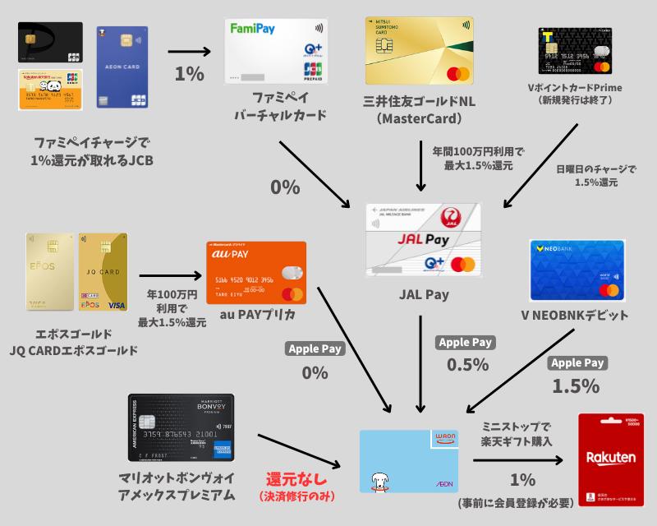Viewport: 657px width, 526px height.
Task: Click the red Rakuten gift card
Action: [x=611, y=460]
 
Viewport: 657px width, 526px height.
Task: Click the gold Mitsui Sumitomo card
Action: [x=420, y=52]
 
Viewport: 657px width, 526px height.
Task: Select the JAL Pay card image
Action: [x=424, y=242]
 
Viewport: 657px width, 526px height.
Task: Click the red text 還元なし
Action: [x=295, y=478]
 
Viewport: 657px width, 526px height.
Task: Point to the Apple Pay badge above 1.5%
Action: [x=577, y=362]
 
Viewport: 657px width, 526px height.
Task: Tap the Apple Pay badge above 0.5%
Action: [x=466, y=343]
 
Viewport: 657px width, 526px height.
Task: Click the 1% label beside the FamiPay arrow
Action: [x=188, y=74]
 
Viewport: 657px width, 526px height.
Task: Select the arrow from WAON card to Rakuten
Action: [x=517, y=462]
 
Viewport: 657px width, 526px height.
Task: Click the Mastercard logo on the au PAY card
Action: [x=291, y=293]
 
